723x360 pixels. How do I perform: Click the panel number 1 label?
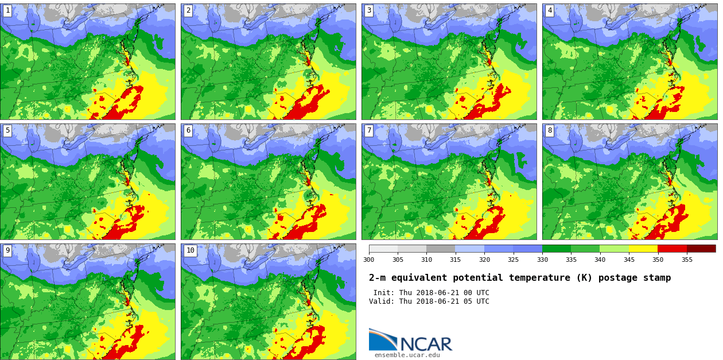pyautogui.click(x=7, y=10)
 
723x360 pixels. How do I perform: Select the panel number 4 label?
pyautogui.click(x=550, y=10)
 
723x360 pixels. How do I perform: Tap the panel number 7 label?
pyautogui.click(x=369, y=130)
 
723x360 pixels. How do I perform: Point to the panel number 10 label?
pyautogui.click(x=190, y=250)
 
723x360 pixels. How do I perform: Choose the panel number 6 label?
pyautogui.click(x=188, y=130)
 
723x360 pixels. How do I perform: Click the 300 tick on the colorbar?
pyautogui.click(x=368, y=260)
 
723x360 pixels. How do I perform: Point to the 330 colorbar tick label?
pyautogui.click(x=542, y=260)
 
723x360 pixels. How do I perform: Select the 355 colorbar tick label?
pyautogui.click(x=686, y=260)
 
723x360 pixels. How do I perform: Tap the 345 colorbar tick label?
pyautogui.click(x=629, y=260)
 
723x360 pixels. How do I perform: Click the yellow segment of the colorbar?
pyautogui.click(x=643, y=249)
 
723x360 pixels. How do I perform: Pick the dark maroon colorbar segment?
pyautogui.click(x=701, y=249)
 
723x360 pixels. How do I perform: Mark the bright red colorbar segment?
pyautogui.click(x=672, y=249)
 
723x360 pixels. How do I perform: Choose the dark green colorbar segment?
pyautogui.click(x=557, y=249)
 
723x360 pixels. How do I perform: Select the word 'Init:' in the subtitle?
pyautogui.click(x=384, y=293)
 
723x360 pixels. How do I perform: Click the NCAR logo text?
pyautogui.click(x=426, y=344)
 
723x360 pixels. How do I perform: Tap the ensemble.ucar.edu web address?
pyautogui.click(x=407, y=355)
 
